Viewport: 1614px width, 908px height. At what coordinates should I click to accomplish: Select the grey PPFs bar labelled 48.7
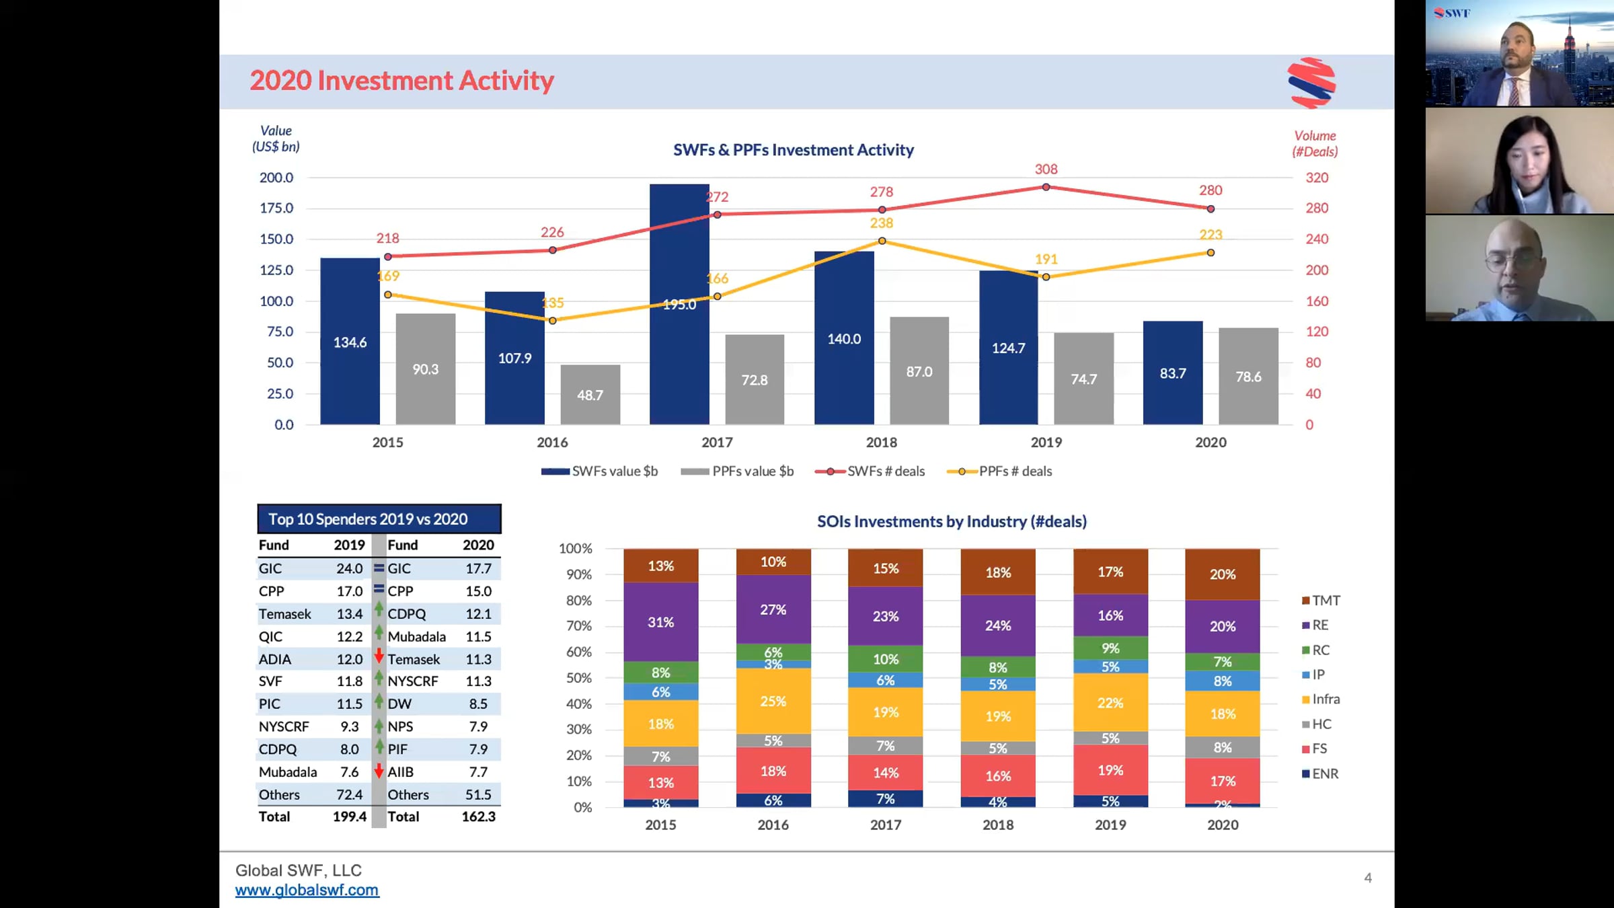pos(590,395)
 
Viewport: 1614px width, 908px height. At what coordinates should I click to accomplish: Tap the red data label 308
pos(1046,169)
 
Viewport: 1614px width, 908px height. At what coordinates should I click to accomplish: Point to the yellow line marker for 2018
pos(882,241)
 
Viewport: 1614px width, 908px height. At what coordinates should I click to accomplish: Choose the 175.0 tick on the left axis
pos(276,208)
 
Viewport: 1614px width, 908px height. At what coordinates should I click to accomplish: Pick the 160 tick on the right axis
pos(1316,301)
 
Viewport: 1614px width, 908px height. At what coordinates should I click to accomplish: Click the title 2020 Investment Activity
pos(401,81)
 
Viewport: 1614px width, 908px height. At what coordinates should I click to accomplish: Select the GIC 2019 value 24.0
pos(349,568)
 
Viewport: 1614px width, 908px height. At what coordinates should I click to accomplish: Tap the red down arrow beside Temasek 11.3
pos(379,656)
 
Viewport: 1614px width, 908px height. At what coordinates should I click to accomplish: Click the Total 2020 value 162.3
pos(478,817)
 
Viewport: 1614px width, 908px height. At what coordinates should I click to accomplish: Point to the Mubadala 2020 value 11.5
pos(478,636)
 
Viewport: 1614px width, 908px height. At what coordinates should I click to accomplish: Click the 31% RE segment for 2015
pos(660,622)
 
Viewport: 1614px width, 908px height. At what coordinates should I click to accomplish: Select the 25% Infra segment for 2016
pos(773,701)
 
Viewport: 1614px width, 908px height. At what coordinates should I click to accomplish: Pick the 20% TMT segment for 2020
pos(1222,574)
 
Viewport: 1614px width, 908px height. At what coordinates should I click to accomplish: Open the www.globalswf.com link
pos(307,890)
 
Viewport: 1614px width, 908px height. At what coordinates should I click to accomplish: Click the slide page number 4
pos(1367,878)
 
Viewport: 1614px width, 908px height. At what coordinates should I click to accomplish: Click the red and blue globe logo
pos(1311,83)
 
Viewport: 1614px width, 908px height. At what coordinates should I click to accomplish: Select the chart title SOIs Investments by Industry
pos(951,521)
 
